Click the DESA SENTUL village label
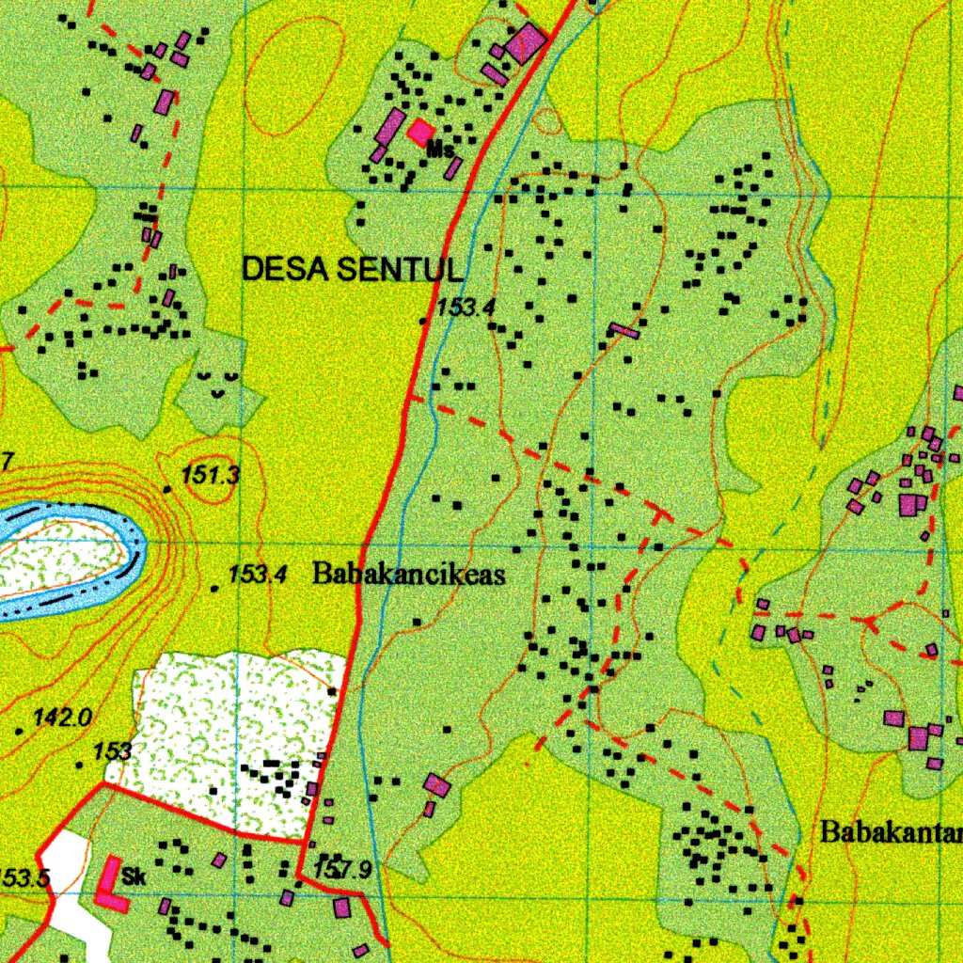(x=353, y=270)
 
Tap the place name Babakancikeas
(x=408, y=574)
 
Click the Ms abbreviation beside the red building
(x=440, y=149)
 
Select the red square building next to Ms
(x=420, y=133)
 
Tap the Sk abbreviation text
(x=134, y=878)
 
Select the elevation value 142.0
(x=62, y=718)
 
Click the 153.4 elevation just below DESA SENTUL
(x=466, y=307)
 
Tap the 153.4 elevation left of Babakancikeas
(x=257, y=574)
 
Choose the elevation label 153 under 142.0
(x=112, y=751)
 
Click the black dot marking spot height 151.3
(x=168, y=489)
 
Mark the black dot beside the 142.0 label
(x=20, y=730)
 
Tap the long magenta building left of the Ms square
(x=388, y=127)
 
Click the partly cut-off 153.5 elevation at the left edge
(x=23, y=878)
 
